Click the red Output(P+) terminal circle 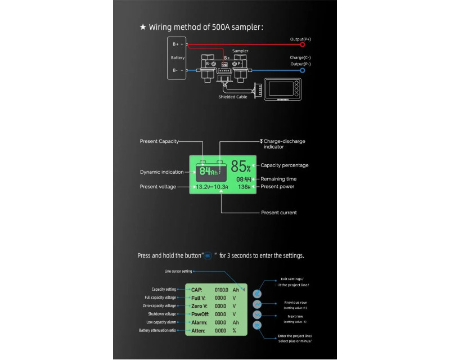pyautogui.click(x=303, y=44)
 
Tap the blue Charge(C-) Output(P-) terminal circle pyautogui.click(x=303, y=70)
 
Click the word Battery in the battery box pyautogui.click(x=178, y=57)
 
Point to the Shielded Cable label pyautogui.click(x=232, y=97)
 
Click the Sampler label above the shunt pyautogui.click(x=240, y=51)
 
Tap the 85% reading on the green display pyautogui.click(x=241, y=166)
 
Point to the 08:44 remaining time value pyautogui.click(x=243, y=179)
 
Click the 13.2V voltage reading pyautogui.click(x=202, y=187)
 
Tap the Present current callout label pyautogui.click(x=279, y=213)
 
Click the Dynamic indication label pyautogui.click(x=161, y=172)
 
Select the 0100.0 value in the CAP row pyautogui.click(x=221, y=289)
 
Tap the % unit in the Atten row pyautogui.click(x=235, y=331)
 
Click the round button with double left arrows pyautogui.click(x=257, y=293)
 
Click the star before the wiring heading pyautogui.click(x=143, y=26)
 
